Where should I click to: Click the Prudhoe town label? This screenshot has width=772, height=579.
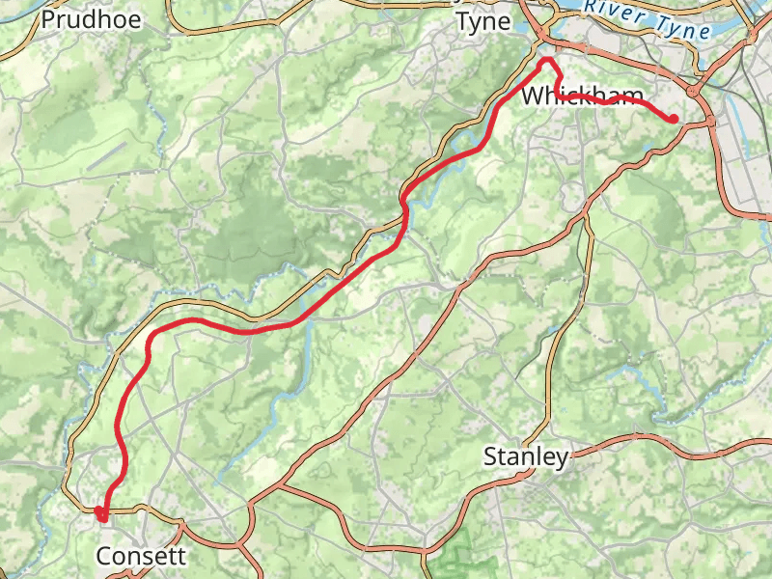coord(92,18)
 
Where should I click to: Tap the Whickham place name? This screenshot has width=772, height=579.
coord(582,96)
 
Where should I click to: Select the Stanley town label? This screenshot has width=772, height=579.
coord(526,456)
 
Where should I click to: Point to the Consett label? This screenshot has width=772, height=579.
coord(141,556)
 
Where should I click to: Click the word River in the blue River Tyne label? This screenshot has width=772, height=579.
coord(618,11)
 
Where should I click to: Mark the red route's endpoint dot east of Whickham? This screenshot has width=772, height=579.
coord(673,119)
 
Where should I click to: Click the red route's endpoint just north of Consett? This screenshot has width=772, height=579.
coord(99,510)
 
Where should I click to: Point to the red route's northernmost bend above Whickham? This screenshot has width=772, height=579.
coord(548,61)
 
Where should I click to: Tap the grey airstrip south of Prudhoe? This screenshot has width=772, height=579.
coord(111,154)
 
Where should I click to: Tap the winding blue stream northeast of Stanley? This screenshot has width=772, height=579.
coord(656,405)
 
